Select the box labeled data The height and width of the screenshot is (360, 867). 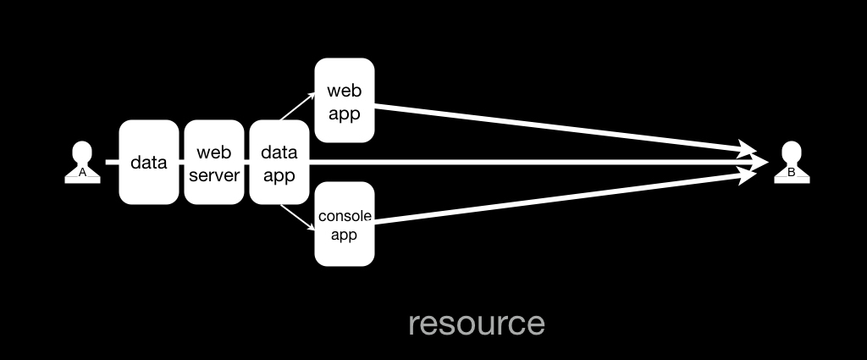149,162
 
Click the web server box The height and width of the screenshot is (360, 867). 214,162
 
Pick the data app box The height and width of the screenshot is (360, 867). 279,162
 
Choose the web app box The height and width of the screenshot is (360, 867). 345,100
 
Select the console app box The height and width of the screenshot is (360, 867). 345,224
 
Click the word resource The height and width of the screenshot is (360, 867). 477,324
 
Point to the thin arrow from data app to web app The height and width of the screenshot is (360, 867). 297,106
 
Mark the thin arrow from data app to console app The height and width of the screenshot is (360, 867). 297,218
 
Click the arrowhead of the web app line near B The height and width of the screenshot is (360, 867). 748,148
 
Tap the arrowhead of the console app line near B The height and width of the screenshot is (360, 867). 748,176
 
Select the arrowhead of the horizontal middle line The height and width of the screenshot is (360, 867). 759,162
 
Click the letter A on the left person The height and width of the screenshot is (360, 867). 82,173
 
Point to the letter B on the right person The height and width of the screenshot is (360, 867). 792,173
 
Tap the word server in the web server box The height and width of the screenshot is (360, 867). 214,175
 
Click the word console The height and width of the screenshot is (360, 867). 345,216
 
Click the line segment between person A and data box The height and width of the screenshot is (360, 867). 113,162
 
